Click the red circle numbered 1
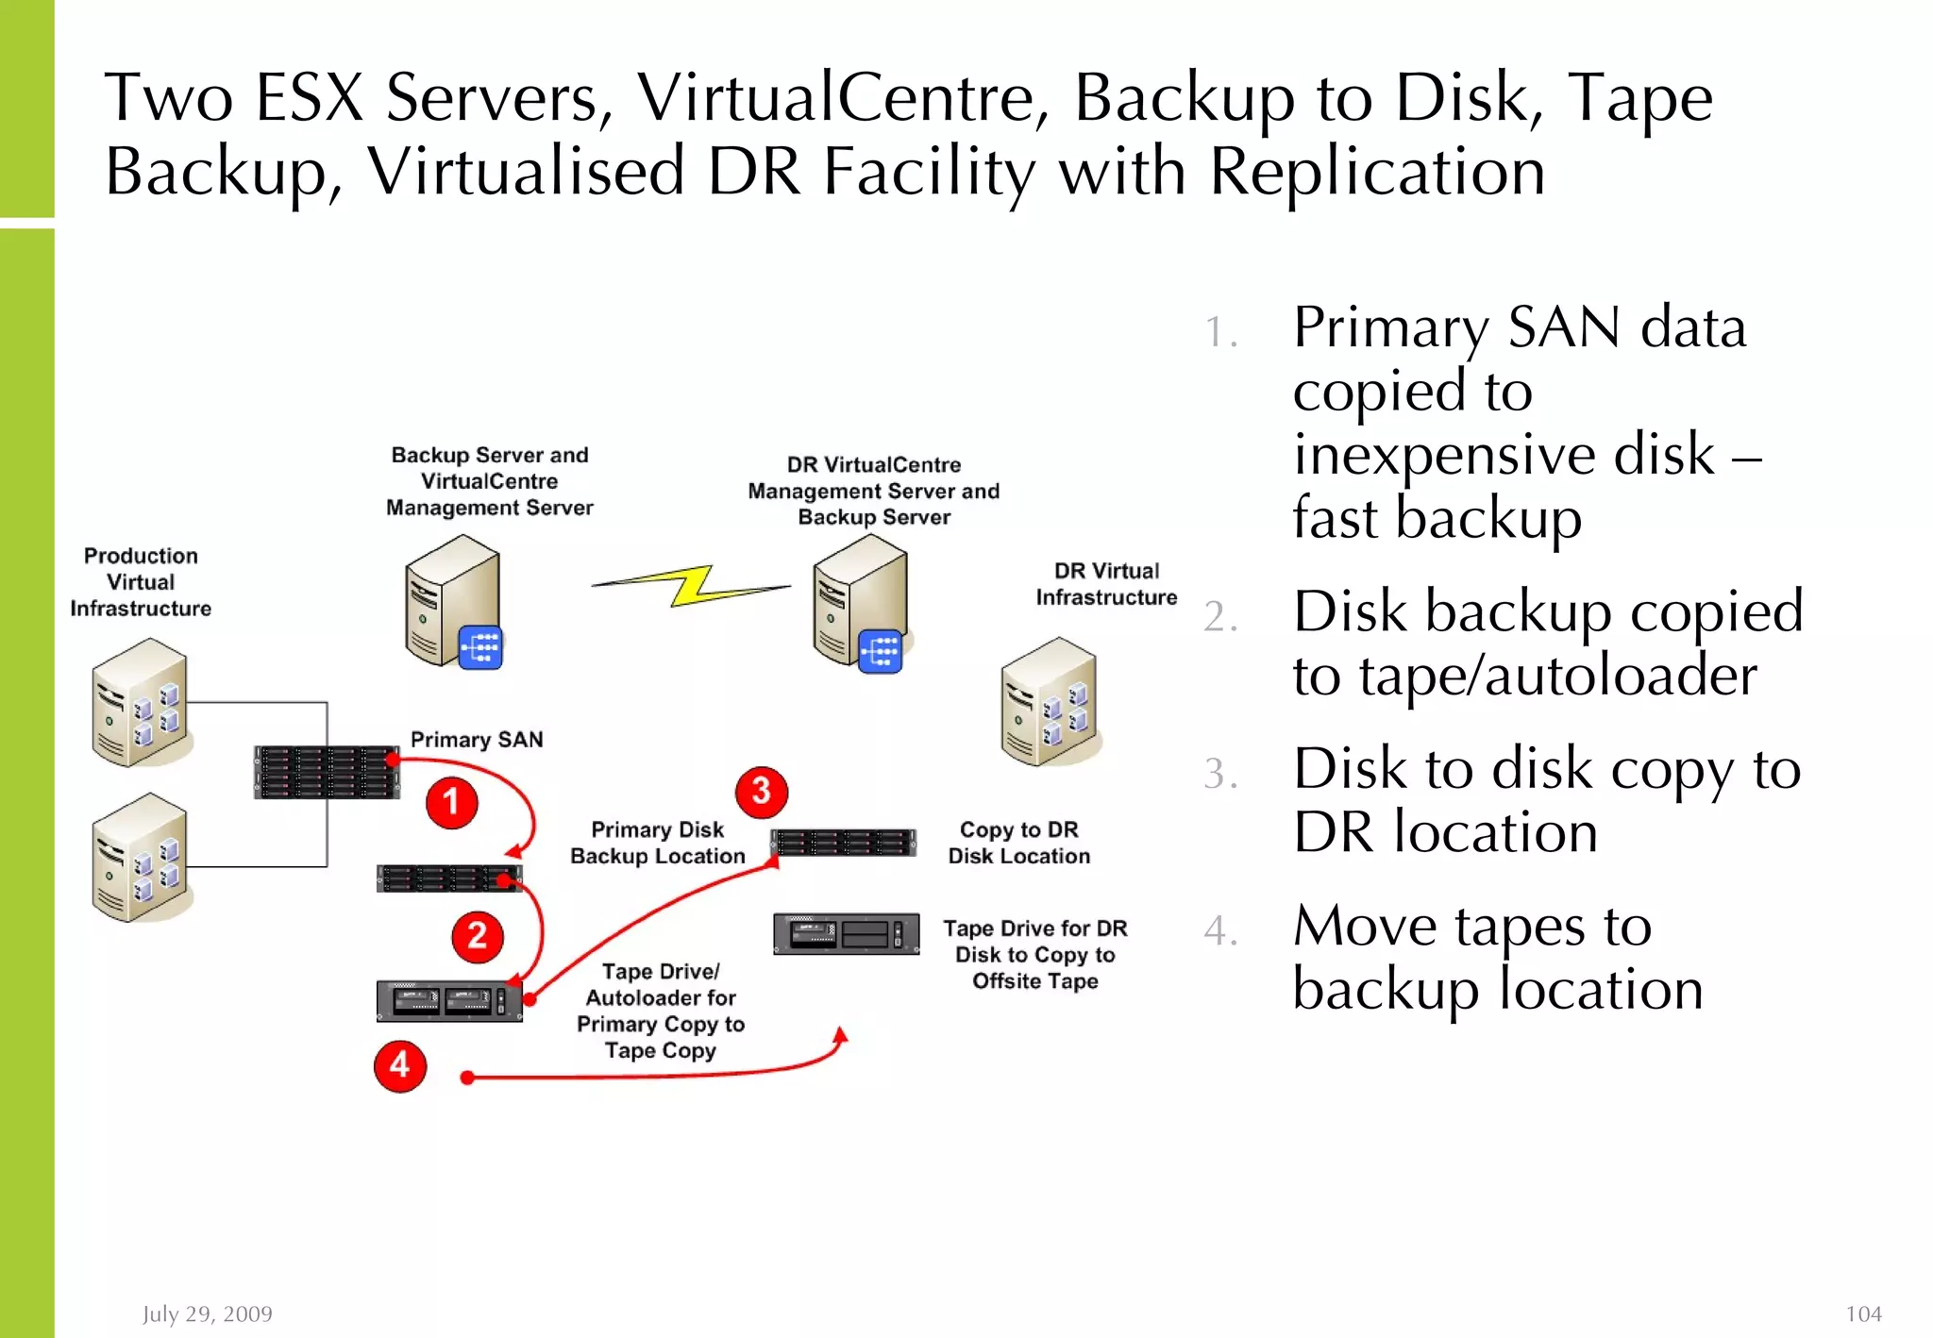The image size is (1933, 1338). [451, 802]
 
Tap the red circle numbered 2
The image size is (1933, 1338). [477, 936]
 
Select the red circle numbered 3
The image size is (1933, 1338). [761, 792]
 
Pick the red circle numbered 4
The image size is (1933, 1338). [400, 1065]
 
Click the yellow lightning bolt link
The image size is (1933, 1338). [692, 586]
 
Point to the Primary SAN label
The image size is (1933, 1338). [477, 740]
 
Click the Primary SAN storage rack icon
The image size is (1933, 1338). [326, 772]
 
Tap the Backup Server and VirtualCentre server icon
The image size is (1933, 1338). [453, 602]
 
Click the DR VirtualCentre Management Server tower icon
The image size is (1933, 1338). [860, 602]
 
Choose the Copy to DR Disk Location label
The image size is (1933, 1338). [1018, 843]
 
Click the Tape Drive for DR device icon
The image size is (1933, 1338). [846, 933]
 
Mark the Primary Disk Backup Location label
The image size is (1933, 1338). [657, 843]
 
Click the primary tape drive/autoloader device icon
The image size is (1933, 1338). [449, 1001]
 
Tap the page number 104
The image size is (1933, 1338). [1862, 1313]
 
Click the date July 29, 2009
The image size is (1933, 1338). [208, 1313]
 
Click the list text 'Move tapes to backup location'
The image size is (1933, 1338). [1497, 957]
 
